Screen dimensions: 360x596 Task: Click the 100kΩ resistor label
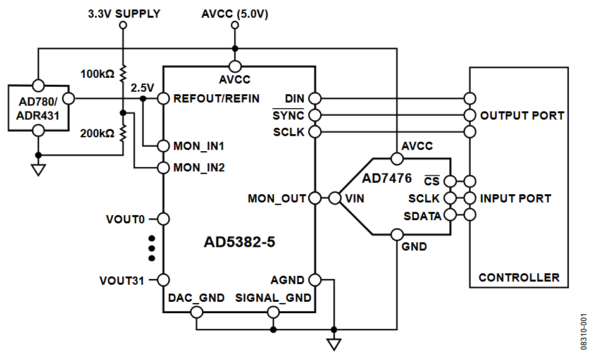97,73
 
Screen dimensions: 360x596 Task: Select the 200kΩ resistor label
97,133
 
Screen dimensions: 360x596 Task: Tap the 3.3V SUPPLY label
124,13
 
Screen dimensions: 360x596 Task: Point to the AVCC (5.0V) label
235,13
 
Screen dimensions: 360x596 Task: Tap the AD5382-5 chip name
239,242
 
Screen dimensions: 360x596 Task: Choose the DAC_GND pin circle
197,312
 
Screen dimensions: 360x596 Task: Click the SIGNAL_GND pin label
273,298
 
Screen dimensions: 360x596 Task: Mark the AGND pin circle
314,280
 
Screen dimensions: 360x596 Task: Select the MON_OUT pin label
276,199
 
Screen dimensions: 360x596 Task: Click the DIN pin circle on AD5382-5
314,99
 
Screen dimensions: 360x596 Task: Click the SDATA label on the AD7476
423,216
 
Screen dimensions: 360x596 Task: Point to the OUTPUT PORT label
522,116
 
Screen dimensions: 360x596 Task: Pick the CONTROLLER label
519,277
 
